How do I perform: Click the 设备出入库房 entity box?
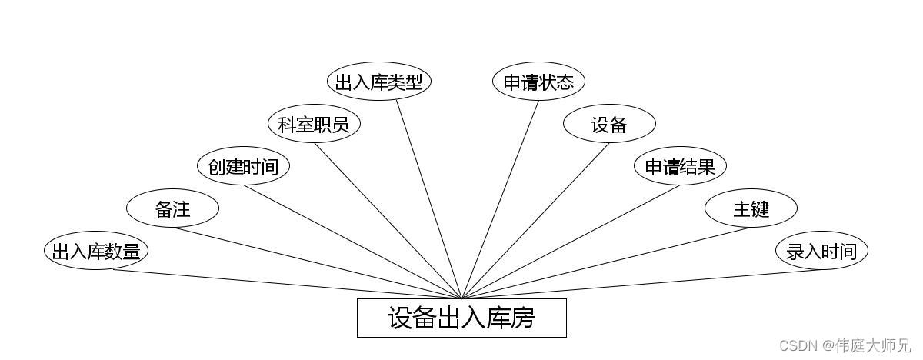coord(461,318)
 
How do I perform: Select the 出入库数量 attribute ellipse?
coord(95,252)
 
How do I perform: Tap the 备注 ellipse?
coord(172,208)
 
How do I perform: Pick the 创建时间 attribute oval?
coord(243,166)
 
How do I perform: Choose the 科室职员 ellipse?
coord(314,124)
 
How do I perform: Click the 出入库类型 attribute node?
coord(378,82)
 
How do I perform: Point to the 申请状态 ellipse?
coord(538,82)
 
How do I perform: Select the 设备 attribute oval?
coord(609,124)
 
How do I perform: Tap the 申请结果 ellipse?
coord(680,166)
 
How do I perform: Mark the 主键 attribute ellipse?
coord(751,208)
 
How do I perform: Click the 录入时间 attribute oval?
coord(821,252)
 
